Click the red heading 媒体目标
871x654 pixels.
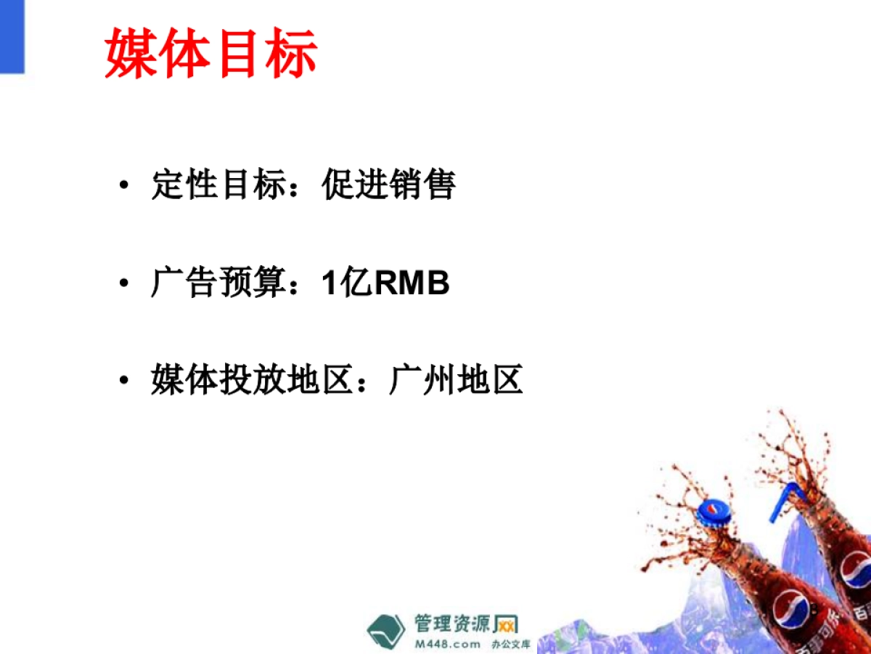(211, 53)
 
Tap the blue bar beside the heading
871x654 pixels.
(12, 36)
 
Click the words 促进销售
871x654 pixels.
(389, 185)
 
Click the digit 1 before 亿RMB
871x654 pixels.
(330, 283)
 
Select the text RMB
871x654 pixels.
(412, 283)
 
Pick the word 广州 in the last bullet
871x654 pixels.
(422, 381)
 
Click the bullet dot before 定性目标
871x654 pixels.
(125, 185)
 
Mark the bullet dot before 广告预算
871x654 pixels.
(125, 283)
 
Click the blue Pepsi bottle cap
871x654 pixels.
(714, 511)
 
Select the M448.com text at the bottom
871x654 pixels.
(448, 644)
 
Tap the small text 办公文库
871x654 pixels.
(511, 645)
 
